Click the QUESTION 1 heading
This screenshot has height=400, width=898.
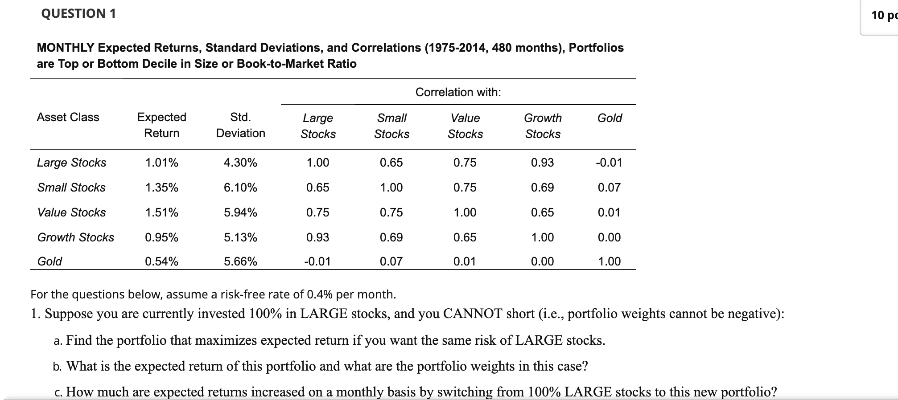(78, 14)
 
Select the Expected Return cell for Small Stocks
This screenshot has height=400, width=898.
(161, 188)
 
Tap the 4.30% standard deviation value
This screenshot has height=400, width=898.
(240, 163)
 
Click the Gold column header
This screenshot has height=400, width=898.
(610, 118)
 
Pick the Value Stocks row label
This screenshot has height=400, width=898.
(71, 212)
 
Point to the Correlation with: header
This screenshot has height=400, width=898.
(458, 92)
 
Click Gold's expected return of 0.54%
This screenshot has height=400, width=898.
(161, 261)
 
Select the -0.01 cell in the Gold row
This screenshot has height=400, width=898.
(317, 261)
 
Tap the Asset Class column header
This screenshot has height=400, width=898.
(68, 117)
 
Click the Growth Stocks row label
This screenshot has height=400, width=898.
(75, 237)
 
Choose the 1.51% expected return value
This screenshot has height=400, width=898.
(161, 212)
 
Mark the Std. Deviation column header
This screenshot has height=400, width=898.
(240, 125)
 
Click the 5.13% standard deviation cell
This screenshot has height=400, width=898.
(240, 237)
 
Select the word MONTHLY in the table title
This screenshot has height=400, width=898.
(66, 48)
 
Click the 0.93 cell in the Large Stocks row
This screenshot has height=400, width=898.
(542, 163)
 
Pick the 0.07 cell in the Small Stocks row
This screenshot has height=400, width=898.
(609, 188)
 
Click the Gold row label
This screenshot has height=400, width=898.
(49, 261)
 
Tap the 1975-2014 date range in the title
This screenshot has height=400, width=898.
(456, 48)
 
